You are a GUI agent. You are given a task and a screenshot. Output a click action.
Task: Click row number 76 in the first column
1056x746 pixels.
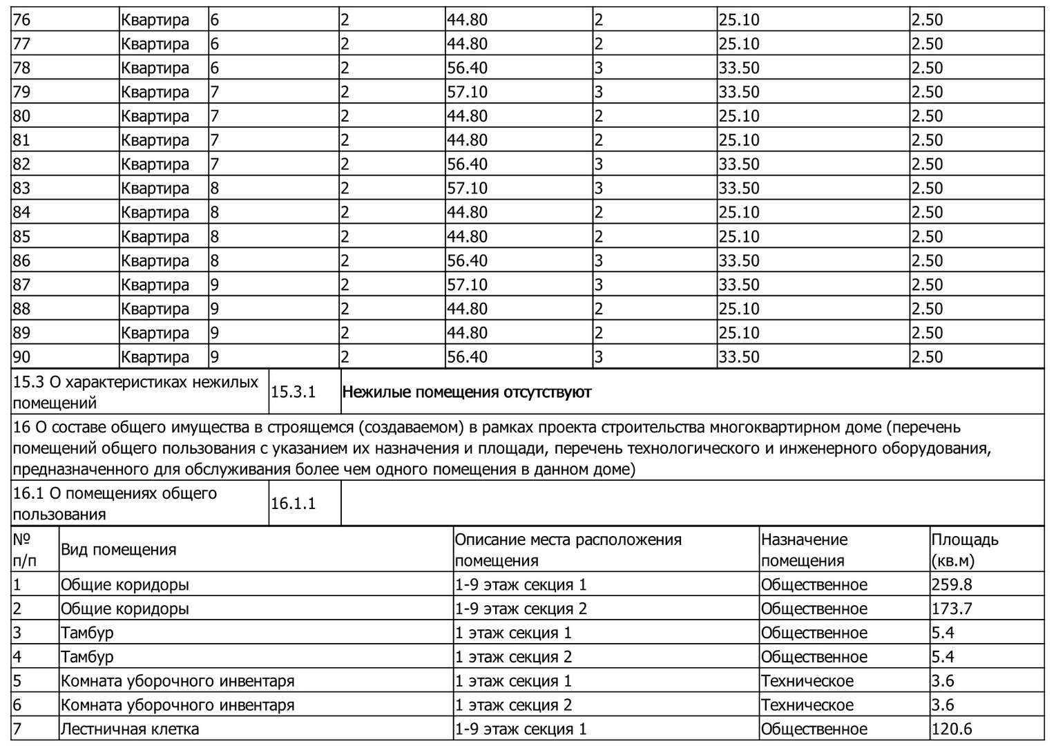point(22,20)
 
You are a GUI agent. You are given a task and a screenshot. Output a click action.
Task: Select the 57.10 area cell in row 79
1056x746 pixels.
point(467,92)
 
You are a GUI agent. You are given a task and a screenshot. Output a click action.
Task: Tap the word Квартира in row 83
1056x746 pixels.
point(155,189)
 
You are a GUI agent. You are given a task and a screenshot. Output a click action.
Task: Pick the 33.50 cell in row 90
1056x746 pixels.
point(738,357)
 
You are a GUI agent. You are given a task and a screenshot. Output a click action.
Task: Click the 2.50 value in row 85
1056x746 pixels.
point(927,237)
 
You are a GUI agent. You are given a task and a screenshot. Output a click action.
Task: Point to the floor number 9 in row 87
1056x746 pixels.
point(215,285)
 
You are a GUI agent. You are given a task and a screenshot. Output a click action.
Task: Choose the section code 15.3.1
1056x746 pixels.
point(293,392)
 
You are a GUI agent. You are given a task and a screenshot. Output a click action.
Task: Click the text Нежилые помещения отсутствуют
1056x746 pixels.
point(467,392)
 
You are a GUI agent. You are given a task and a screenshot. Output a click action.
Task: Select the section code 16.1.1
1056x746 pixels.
point(293,504)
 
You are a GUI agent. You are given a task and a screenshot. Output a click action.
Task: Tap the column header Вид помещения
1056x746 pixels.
point(119,550)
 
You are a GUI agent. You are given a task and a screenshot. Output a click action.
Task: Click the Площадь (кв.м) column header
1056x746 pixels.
point(964,550)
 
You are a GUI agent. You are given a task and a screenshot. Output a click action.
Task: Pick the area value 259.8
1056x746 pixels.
point(951,585)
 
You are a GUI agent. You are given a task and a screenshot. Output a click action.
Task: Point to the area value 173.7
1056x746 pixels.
point(951,609)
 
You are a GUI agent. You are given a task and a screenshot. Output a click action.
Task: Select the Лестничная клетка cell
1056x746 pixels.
point(130,729)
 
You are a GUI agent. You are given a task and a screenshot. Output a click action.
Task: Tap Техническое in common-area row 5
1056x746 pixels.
point(807,681)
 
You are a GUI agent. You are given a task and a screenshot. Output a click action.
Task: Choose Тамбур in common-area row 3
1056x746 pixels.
point(87,633)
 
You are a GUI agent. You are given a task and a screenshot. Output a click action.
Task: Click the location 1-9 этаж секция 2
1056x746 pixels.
point(521,609)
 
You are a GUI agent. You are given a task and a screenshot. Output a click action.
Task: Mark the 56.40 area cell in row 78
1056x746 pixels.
point(467,68)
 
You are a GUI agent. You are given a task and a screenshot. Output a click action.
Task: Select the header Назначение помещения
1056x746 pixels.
point(804,550)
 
